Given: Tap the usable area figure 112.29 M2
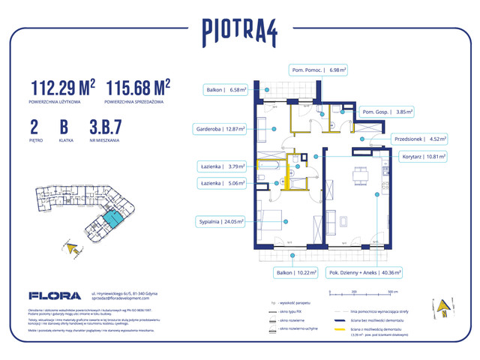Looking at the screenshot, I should point(63,87).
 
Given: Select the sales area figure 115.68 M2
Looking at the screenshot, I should point(139,87).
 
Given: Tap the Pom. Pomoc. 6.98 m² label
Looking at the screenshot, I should point(319,70).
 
